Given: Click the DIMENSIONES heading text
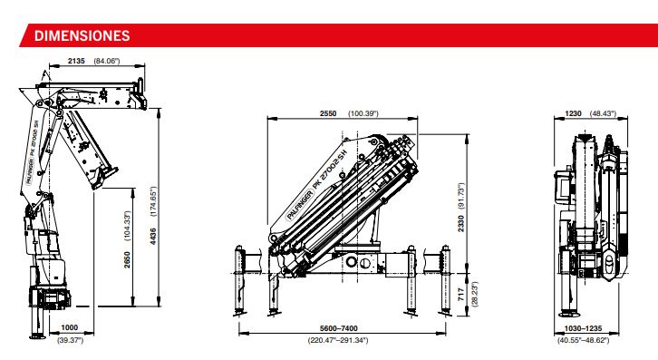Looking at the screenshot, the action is pos(82,35).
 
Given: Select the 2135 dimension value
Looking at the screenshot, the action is pos(76,61).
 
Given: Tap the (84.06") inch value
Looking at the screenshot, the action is pos(107,61).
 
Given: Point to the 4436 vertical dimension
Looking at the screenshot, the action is pos(153,236).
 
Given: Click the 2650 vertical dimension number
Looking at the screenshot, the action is pos(128,259).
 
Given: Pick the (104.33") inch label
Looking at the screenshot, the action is pos(128,226).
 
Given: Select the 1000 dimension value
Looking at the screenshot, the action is pos(70,327).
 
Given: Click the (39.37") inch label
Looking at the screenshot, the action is pos(70,340).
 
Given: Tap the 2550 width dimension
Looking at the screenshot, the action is pos(328,113).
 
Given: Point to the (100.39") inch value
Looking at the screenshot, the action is pos(363,113).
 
